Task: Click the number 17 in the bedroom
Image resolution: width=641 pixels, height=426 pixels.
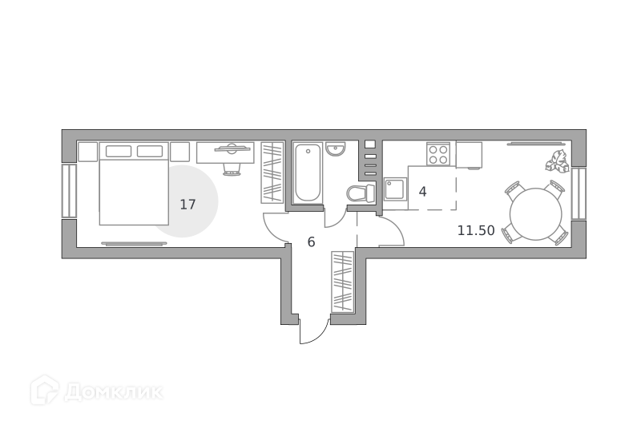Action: click(188, 205)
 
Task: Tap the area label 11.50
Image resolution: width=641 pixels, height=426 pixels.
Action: click(476, 231)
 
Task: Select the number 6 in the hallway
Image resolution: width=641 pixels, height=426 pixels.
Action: click(311, 242)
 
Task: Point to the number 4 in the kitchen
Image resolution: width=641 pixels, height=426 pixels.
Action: click(423, 192)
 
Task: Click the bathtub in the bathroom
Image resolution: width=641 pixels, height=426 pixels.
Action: click(308, 172)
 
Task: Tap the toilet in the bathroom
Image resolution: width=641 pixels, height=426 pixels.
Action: click(361, 193)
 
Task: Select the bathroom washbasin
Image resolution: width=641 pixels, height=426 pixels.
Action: click(336, 149)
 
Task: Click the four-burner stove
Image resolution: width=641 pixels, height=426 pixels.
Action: click(438, 154)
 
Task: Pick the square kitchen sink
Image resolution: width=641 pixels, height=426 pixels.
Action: click(395, 189)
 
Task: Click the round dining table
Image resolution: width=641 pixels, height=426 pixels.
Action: click(535, 214)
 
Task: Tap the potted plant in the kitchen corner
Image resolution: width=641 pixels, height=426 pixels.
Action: click(557, 160)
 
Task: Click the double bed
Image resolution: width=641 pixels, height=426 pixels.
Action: click(134, 184)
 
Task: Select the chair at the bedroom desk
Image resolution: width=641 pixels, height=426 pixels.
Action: click(231, 168)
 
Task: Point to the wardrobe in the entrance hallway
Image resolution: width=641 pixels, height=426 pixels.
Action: click(342, 282)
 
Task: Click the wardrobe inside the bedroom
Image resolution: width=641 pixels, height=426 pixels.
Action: click(272, 172)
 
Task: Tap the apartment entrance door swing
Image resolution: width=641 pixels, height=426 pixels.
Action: click(314, 331)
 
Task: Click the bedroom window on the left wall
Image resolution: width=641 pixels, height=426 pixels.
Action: click(69, 191)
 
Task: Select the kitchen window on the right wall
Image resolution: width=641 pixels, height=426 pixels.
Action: click(579, 193)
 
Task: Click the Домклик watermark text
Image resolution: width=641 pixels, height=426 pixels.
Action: click(113, 392)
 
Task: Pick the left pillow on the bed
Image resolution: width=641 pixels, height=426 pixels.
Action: click(119, 151)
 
